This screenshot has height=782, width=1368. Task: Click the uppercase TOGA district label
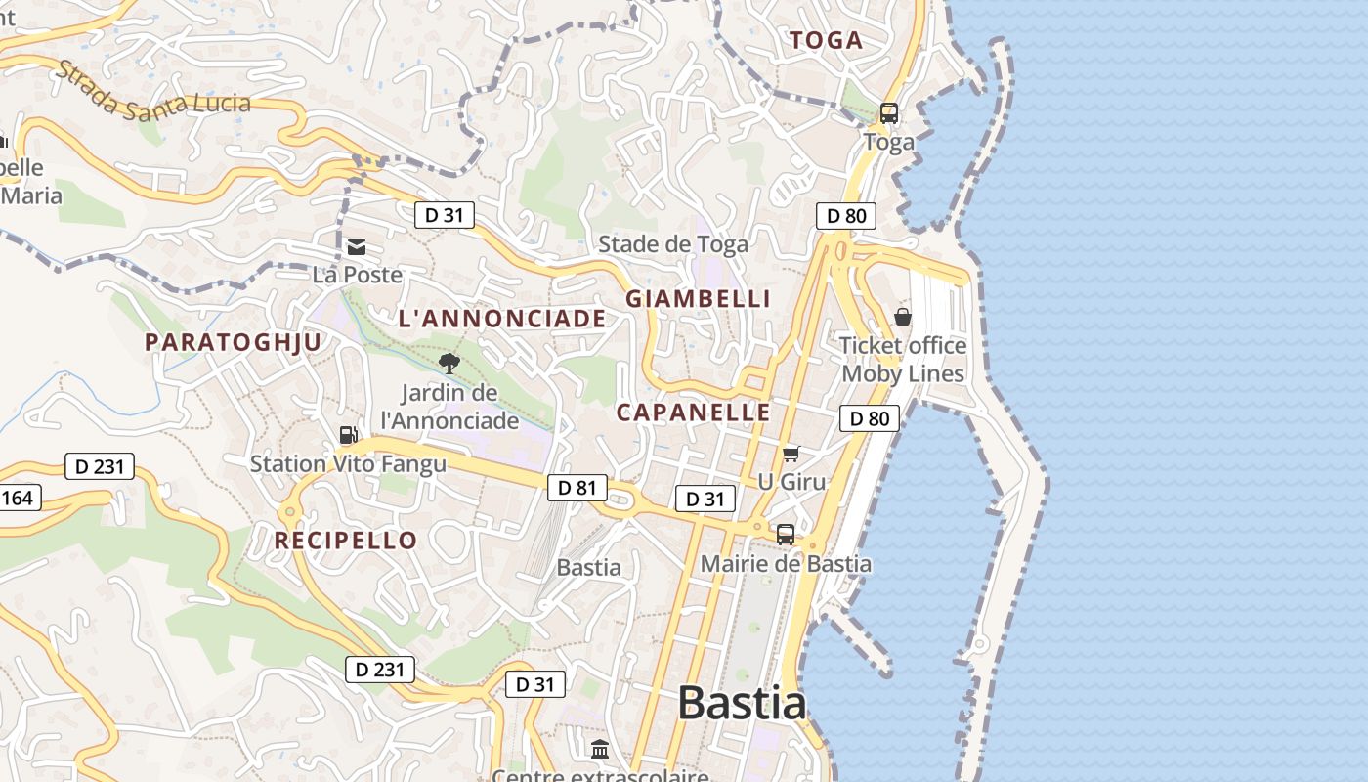click(x=826, y=40)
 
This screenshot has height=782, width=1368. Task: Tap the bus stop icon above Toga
click(x=889, y=113)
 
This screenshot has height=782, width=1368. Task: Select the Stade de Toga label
click(x=673, y=244)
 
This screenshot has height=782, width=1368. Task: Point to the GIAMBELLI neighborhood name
click(x=699, y=299)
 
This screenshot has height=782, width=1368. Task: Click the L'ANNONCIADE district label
click(x=502, y=319)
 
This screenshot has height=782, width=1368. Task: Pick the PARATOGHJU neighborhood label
click(x=233, y=342)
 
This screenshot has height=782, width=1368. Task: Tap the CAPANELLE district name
click(x=694, y=413)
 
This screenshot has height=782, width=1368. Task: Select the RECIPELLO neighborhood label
click(x=346, y=541)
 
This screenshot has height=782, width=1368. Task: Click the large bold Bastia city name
click(x=742, y=703)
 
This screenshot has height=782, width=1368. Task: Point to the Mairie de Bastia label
click(x=786, y=564)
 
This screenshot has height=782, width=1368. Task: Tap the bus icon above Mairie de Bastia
click(x=786, y=535)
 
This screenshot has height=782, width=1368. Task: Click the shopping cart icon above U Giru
click(x=791, y=454)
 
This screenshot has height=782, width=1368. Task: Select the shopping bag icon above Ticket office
click(x=903, y=317)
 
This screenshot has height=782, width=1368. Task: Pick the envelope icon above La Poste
click(x=357, y=247)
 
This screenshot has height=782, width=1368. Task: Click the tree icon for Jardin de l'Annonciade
click(x=449, y=365)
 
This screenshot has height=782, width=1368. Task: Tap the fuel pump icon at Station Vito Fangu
click(x=348, y=435)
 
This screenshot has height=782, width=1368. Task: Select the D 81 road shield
click(x=577, y=488)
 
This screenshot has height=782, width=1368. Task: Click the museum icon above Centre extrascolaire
click(x=600, y=750)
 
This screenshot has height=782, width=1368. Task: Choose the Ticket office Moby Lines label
click(x=903, y=360)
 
